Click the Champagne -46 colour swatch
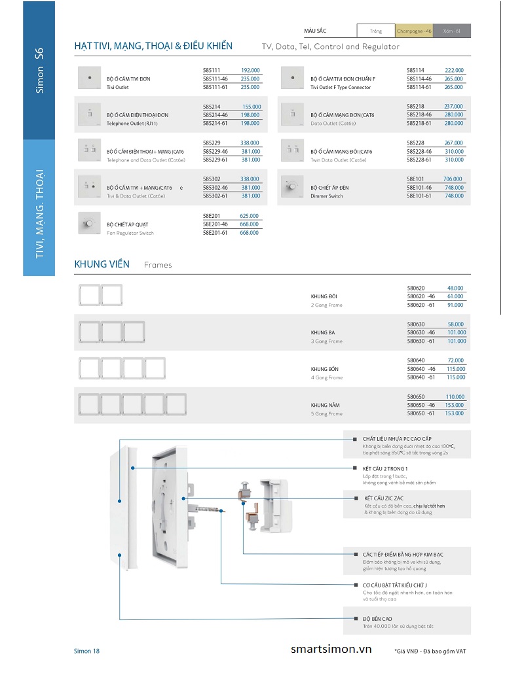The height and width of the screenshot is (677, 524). pos(413,31)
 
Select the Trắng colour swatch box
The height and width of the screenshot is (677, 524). pos(375,31)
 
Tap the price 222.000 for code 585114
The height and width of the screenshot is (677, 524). pos(453,70)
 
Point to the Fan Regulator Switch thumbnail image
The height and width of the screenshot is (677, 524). pos(88,224)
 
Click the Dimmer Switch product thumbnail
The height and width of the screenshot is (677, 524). pos(291,187)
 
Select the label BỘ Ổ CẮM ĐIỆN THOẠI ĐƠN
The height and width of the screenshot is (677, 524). pos(137,115)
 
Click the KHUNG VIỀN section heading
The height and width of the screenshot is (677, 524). pos(102,264)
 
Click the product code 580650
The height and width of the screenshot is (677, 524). pos(416,397)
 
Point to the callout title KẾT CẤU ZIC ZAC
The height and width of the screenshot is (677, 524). pos(387,498)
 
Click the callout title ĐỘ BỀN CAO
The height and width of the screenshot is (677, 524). pos(377,618)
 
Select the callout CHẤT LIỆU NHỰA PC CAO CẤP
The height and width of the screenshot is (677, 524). pos(397,438)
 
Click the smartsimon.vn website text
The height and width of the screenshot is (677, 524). pos(331,650)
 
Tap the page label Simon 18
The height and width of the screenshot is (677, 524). pos(86,651)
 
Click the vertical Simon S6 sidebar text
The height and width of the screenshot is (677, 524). pos(39,70)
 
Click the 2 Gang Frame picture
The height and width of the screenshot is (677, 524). pos(101,295)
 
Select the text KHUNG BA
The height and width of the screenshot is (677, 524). pos(322,333)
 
